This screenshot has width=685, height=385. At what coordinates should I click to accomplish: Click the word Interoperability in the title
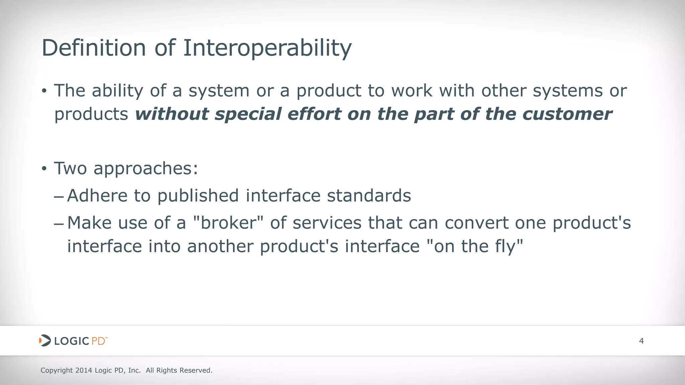point(267,48)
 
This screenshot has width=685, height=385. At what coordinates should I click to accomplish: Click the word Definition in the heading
point(94,48)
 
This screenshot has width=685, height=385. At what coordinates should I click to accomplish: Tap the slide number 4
point(641,341)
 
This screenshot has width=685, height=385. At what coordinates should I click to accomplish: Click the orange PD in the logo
point(98,341)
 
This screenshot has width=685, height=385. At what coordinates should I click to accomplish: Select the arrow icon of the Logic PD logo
point(45,341)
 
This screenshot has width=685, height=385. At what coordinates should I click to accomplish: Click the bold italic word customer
point(567,114)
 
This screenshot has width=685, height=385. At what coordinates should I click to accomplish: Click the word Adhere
point(97,196)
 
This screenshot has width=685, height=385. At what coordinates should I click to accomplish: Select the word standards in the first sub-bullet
point(369,196)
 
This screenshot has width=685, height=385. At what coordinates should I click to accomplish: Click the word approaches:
point(146,168)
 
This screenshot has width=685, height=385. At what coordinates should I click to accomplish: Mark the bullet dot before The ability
point(44,91)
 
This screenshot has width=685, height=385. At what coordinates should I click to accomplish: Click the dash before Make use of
point(59,223)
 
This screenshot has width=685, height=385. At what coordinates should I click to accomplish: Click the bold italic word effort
point(314,114)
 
